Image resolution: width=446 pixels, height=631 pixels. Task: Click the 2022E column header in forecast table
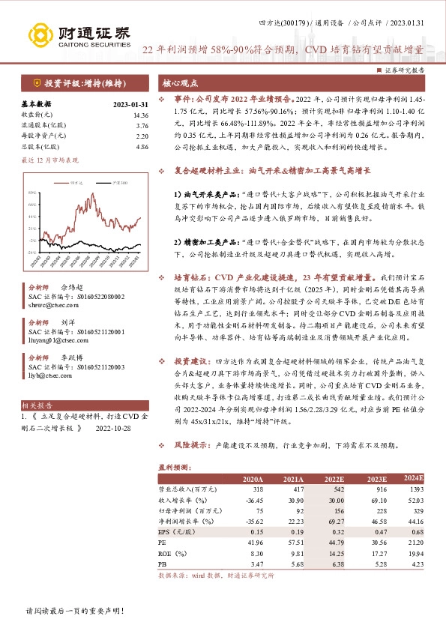[x=334, y=479]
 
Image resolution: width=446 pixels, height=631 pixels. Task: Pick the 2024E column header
[x=413, y=478]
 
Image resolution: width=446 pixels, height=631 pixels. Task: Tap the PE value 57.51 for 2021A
[x=292, y=540]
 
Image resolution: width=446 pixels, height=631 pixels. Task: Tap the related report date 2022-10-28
[x=113, y=430]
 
